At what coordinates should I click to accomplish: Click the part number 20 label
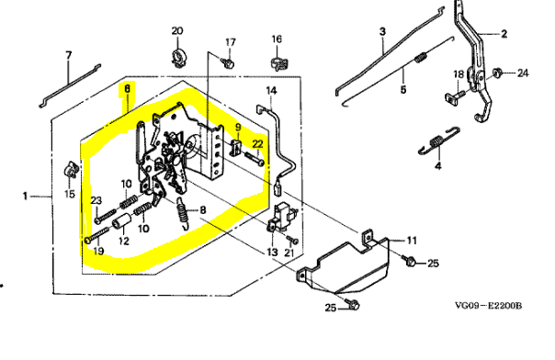coord(177,31)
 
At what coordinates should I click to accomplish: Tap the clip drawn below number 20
coord(178,58)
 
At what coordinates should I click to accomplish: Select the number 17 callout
coord(231,42)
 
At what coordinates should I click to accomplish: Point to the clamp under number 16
coord(279,63)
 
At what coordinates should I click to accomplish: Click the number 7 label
coord(69,55)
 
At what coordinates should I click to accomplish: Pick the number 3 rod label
coord(382,31)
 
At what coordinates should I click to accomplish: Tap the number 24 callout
coord(523,73)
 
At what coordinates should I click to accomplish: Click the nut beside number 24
coord(497,73)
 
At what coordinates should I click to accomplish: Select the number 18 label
coord(459,74)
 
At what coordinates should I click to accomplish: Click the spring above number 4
coord(439,141)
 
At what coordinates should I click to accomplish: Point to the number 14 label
coord(271,91)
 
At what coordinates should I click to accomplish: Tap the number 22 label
coord(257,144)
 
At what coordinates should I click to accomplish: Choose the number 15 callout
coord(70,194)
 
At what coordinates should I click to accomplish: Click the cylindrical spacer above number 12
coord(121,223)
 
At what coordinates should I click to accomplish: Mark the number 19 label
coord(98,251)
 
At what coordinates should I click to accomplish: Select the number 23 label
coord(96,200)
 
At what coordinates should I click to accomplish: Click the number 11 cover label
coord(412,241)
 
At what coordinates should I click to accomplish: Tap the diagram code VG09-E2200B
coord(488,306)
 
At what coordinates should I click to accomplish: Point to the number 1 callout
coord(25,196)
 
